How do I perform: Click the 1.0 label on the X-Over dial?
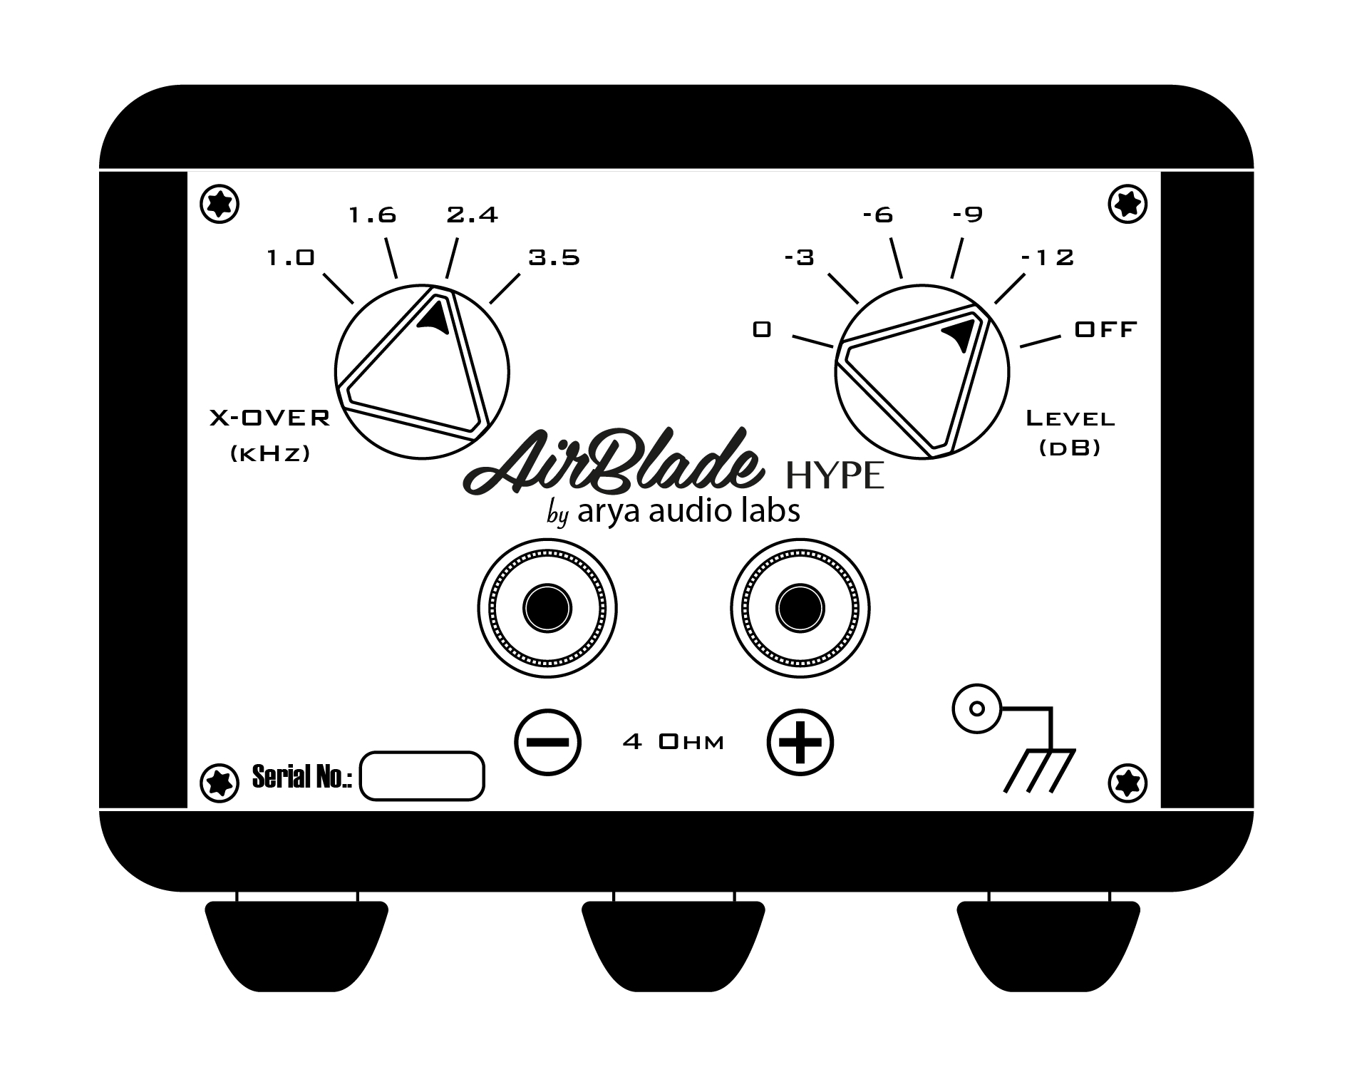[290, 257]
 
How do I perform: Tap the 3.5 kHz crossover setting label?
[554, 257]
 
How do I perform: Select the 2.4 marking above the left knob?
[472, 215]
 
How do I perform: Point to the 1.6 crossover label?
[372, 215]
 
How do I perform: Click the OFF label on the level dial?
[1105, 329]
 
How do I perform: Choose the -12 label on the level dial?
[1048, 257]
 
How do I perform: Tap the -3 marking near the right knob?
[799, 257]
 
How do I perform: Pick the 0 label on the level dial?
[762, 329]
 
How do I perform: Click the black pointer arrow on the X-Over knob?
[435, 317]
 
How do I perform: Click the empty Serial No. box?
[422, 776]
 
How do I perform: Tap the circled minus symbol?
[547, 742]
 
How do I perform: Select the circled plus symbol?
[800, 742]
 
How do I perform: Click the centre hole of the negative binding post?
[547, 608]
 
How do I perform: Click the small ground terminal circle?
[977, 709]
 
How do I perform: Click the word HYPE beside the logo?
[835, 476]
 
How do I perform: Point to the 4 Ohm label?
[673, 743]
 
